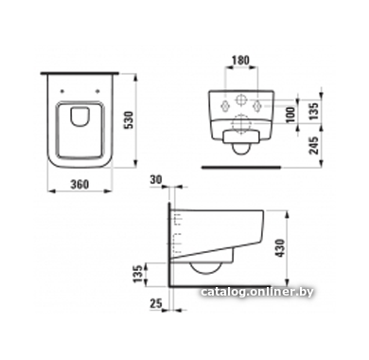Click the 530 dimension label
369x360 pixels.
click(x=130, y=119)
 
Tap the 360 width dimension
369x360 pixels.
click(x=79, y=185)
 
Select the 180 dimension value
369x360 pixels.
click(x=240, y=60)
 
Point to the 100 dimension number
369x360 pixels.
click(x=291, y=115)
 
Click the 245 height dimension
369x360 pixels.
click(x=313, y=145)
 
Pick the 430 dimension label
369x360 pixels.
click(x=280, y=248)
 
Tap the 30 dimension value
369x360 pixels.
click(x=156, y=179)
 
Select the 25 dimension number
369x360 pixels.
click(x=156, y=303)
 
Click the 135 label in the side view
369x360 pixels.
click(x=137, y=274)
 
